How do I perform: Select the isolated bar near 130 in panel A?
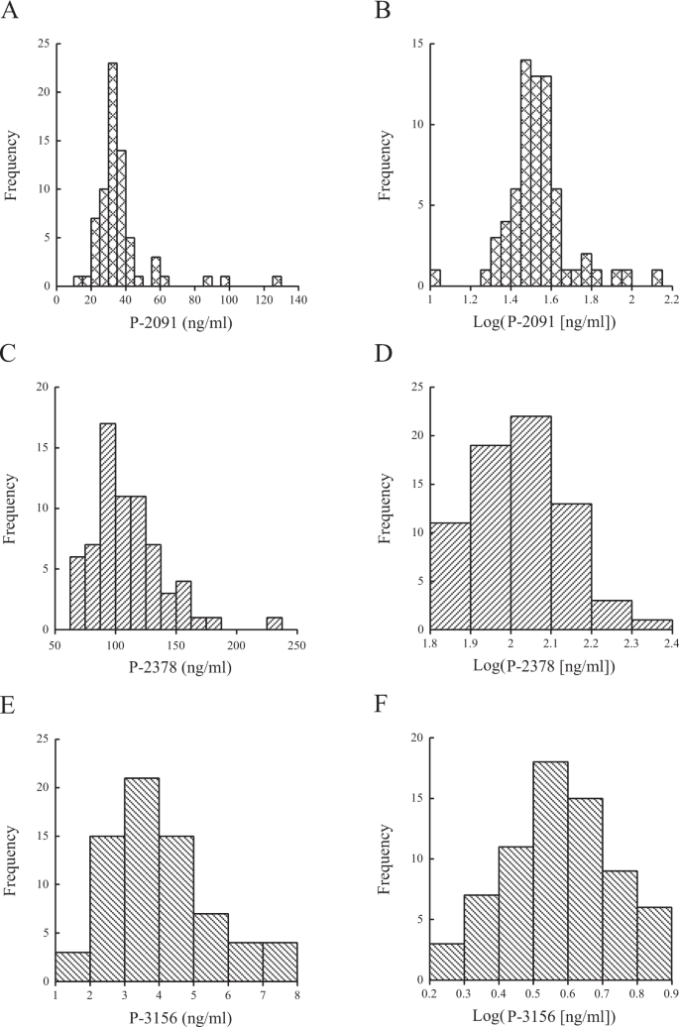[x=277, y=282]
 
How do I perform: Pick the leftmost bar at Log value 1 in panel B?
[x=435, y=278]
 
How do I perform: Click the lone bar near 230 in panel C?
[x=275, y=623]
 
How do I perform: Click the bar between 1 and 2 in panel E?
[x=72, y=967]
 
